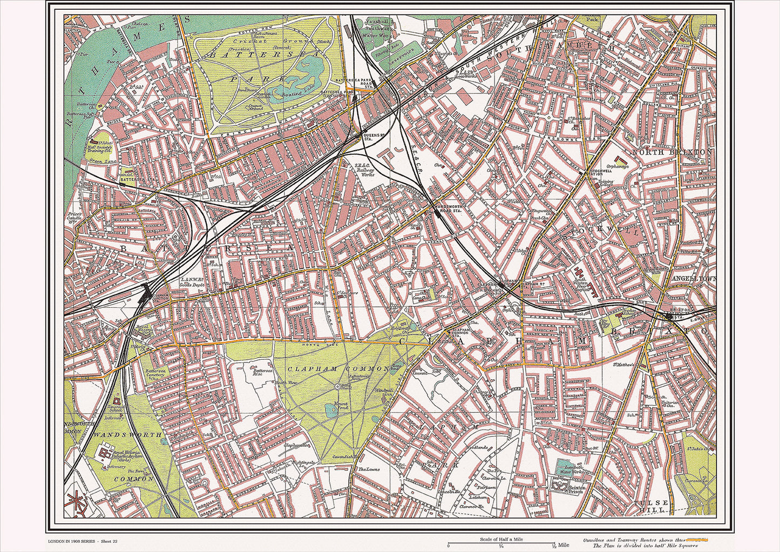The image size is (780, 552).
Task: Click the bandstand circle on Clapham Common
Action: [337, 386]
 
